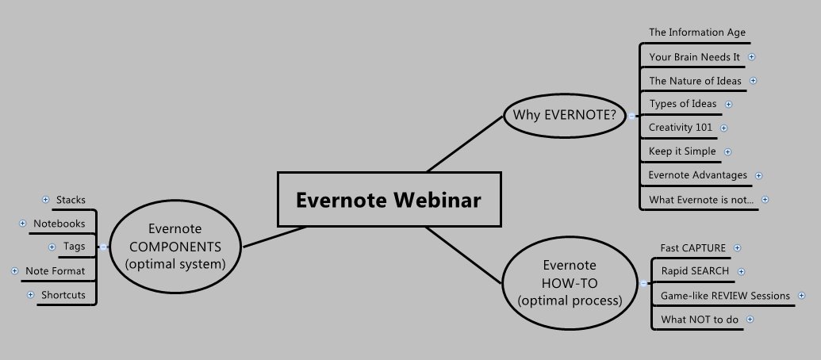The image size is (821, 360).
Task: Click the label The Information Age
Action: [x=697, y=33]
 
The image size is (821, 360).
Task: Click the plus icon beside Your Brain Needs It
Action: [x=752, y=56]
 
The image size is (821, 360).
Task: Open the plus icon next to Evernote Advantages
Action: [x=758, y=176]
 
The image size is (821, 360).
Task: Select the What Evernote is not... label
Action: [x=701, y=199]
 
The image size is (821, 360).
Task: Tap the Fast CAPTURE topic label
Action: [x=692, y=247]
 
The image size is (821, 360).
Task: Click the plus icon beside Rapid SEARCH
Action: [x=742, y=271]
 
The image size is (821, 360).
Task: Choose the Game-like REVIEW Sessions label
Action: [x=725, y=296]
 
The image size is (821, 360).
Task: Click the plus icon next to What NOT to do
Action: [x=750, y=320]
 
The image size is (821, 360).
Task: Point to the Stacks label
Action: [x=71, y=200]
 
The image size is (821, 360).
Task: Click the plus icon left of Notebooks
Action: [x=22, y=224]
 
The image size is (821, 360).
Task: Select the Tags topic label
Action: [x=74, y=247]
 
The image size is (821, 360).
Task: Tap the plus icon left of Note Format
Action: [x=14, y=271]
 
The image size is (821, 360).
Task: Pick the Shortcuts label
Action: [x=63, y=295]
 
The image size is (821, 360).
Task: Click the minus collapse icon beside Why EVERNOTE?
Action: [x=631, y=116]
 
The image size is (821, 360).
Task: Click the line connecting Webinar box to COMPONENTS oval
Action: [x=275, y=237]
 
